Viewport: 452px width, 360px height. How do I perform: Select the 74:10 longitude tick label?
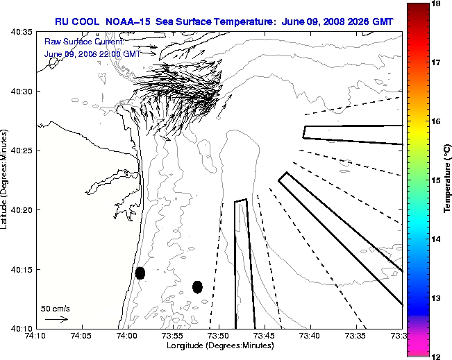pos(35,336)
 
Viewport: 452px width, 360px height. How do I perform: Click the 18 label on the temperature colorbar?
pos(437,4)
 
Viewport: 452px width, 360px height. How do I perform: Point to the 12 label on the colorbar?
pos(437,356)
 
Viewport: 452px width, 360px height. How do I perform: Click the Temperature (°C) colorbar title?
pos(449,180)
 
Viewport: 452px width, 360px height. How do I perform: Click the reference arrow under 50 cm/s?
pos(56,319)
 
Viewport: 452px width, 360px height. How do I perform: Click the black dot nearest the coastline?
pos(140,273)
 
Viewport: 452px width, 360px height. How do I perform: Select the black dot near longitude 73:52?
pos(197,286)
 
